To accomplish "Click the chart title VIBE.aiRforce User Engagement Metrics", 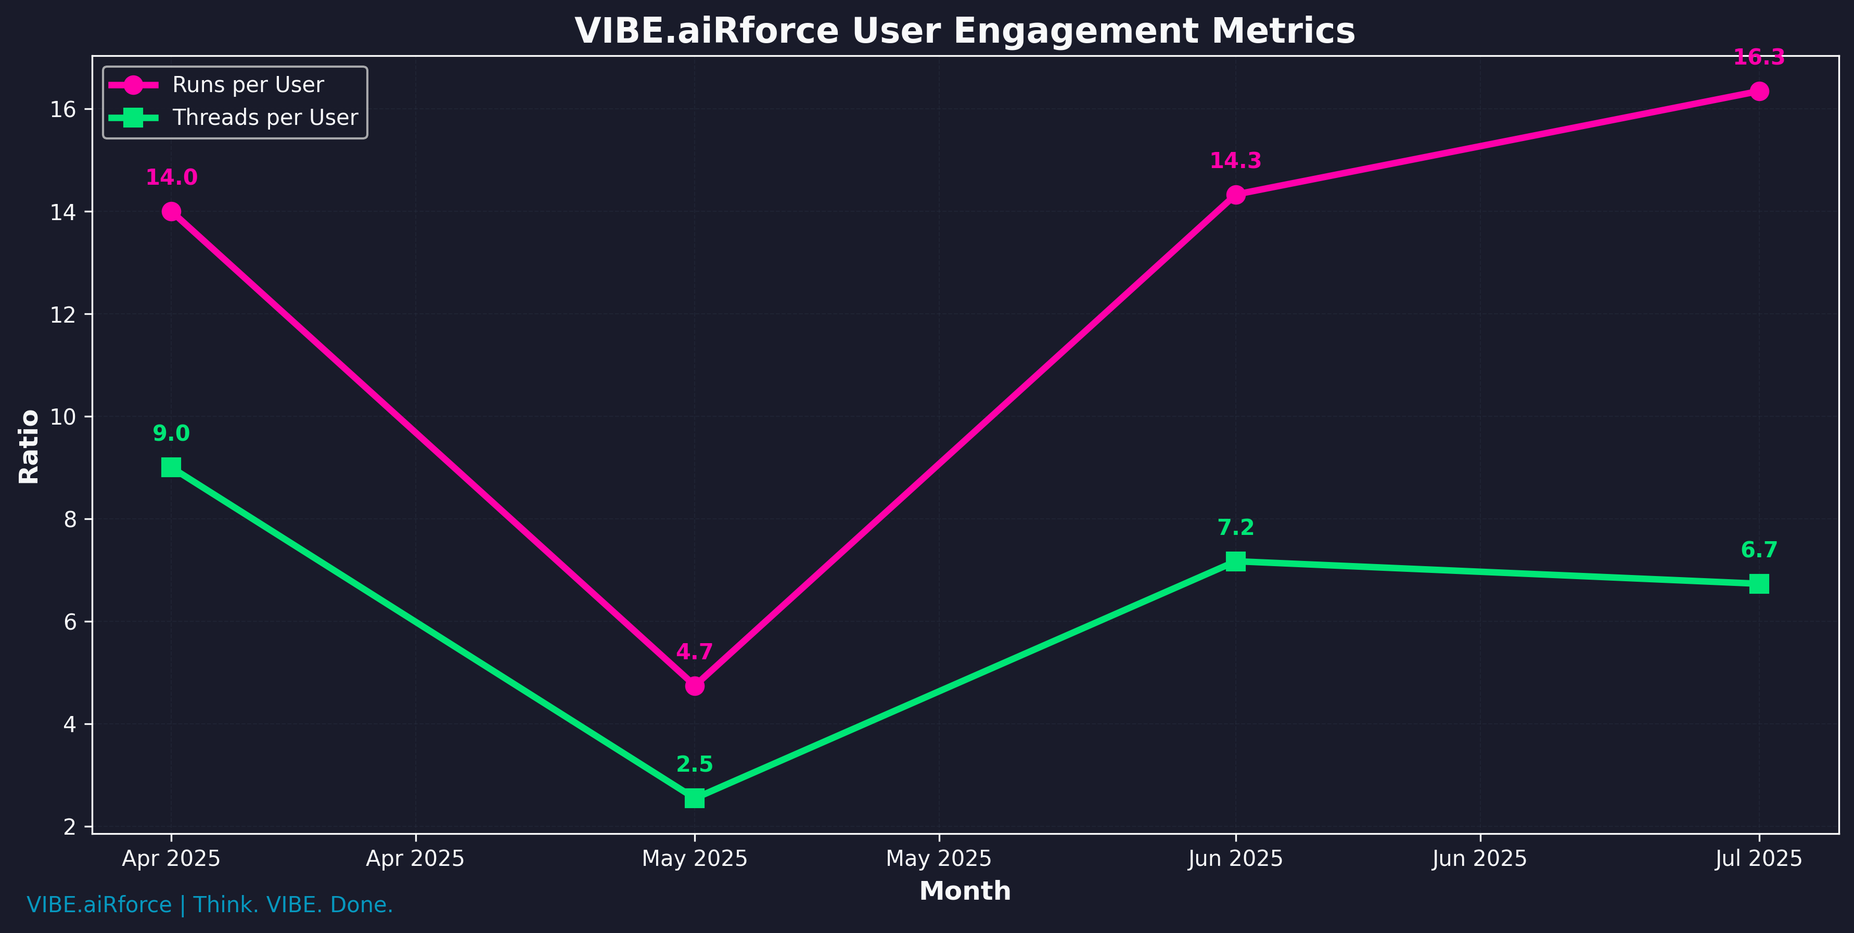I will click(964, 31).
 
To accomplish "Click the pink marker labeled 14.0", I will click(171, 212).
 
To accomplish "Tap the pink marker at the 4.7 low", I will click(695, 686).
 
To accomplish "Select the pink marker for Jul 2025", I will click(1759, 92).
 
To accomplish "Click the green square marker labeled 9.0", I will click(171, 467).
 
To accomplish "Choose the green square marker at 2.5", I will click(695, 798).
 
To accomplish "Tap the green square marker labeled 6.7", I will click(1759, 583).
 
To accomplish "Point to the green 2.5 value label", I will click(695, 764).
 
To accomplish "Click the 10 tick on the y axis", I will click(63, 417).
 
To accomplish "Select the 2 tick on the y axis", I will click(70, 826).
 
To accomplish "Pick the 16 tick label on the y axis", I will click(63, 109).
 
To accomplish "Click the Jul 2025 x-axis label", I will click(1759, 859).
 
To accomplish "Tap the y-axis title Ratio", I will click(29, 446).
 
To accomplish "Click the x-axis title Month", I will click(964, 891).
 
